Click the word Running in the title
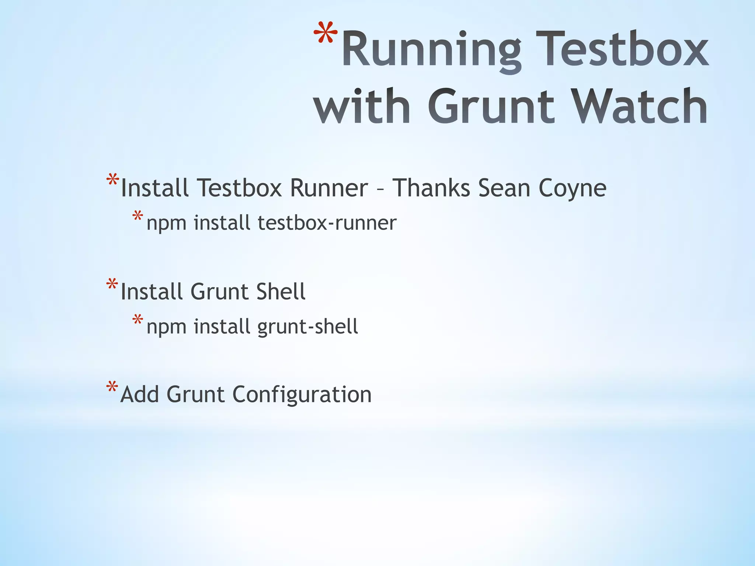[x=431, y=50]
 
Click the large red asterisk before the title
[x=326, y=35]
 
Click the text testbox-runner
[x=327, y=223]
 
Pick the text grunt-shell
[x=307, y=326]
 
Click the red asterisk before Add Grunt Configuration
[x=112, y=388]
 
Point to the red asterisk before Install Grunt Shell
[x=112, y=285]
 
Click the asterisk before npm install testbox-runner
[x=138, y=216]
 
